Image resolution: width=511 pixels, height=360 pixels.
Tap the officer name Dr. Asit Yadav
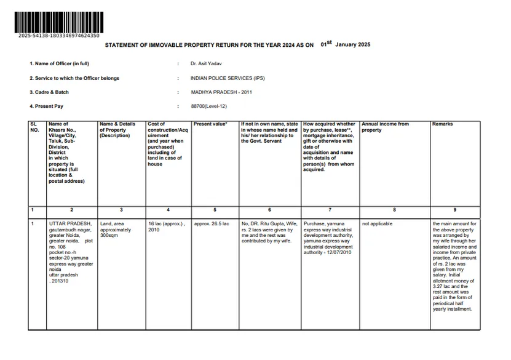coord(206,63)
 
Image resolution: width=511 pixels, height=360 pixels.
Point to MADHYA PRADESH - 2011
coord(221,92)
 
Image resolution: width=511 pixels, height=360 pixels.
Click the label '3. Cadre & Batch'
coord(49,92)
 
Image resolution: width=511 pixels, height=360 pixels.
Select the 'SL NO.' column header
coord(34,127)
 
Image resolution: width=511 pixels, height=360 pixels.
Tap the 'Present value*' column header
coord(210,124)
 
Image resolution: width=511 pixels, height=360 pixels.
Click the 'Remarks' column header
coord(442,124)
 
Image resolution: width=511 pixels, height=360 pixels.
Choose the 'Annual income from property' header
coord(385,127)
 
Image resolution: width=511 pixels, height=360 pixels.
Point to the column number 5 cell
coord(215,210)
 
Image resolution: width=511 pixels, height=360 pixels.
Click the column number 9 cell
coord(454,210)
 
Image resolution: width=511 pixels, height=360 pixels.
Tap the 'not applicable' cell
coord(377,224)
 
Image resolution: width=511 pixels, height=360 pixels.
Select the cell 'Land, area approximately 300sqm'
coord(116,230)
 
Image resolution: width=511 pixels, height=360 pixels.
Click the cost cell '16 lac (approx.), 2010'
coord(166,226)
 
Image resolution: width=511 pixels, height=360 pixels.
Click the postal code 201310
coord(60,281)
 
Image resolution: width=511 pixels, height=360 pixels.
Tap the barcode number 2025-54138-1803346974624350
coord(59,36)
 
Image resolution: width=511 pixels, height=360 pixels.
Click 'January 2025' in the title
coord(352,45)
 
